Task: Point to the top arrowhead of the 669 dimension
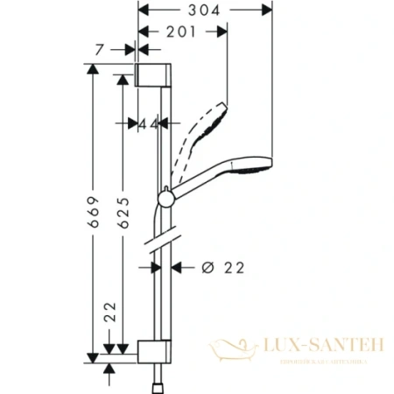tap(94, 68)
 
